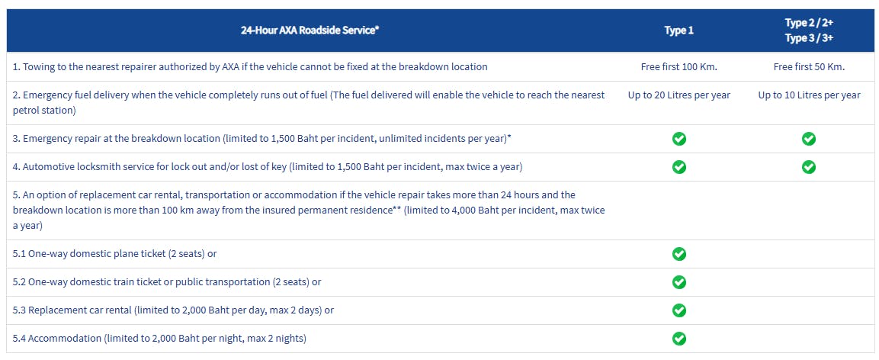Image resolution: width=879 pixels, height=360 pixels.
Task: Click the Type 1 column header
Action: click(x=678, y=31)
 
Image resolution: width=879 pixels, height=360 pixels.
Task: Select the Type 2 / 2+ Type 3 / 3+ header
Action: click(x=809, y=31)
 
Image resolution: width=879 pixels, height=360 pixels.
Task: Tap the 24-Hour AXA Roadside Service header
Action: click(x=310, y=31)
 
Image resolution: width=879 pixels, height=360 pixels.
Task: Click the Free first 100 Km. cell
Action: click(x=678, y=67)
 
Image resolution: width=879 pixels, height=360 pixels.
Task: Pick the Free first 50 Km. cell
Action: click(x=809, y=67)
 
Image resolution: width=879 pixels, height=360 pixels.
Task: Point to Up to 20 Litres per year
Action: click(x=678, y=95)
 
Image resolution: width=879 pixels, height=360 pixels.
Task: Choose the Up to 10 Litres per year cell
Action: click(x=809, y=95)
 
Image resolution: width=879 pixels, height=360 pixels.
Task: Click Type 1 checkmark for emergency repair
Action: click(x=679, y=139)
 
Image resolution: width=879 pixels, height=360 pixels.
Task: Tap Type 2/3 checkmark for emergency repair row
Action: click(x=809, y=139)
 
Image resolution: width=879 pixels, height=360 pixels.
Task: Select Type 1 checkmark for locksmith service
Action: click(x=679, y=167)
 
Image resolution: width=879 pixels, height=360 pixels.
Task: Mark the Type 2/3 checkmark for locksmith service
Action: click(x=809, y=167)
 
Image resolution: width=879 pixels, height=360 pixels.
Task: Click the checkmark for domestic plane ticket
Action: click(x=679, y=254)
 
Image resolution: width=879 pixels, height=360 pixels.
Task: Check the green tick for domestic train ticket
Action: click(x=679, y=282)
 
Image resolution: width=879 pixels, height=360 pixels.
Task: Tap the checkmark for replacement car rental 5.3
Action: click(x=679, y=310)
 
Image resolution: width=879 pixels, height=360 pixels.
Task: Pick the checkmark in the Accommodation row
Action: click(x=679, y=339)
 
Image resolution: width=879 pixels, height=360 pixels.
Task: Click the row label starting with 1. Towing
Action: click(x=250, y=67)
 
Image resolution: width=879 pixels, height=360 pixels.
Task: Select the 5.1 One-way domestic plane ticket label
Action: click(x=120, y=254)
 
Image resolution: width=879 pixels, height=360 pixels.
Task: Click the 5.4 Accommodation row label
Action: click(x=165, y=339)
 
